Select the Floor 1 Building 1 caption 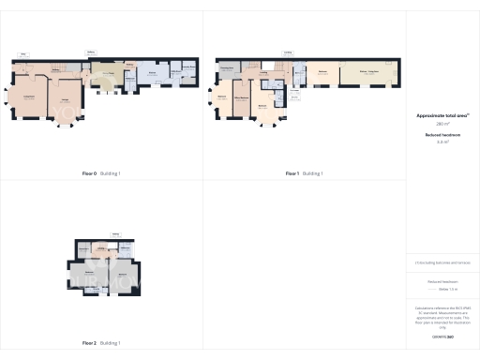tap(304, 173)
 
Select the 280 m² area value tap(442, 124)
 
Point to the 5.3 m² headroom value tap(442, 142)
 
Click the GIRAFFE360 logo tap(442, 336)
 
